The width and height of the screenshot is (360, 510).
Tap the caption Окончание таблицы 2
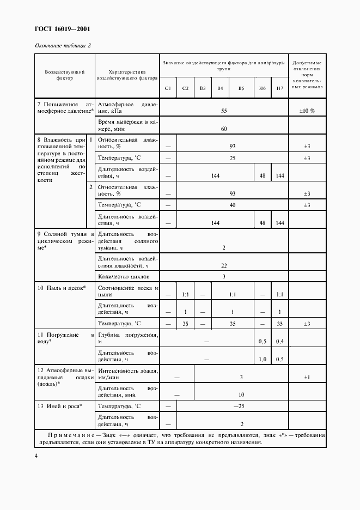click(x=63, y=45)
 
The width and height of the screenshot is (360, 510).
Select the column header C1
click(x=168, y=88)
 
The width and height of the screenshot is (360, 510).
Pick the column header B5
click(x=241, y=88)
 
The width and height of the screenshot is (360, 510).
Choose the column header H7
click(x=279, y=88)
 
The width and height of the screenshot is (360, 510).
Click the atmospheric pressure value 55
click(x=224, y=111)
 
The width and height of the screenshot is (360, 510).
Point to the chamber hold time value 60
click(x=224, y=129)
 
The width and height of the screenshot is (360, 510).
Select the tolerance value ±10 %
click(x=307, y=111)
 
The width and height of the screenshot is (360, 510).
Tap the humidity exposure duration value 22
click(x=224, y=265)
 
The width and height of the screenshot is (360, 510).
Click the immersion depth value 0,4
click(x=279, y=341)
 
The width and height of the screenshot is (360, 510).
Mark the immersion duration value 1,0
click(x=262, y=359)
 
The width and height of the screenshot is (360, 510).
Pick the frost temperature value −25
click(x=239, y=406)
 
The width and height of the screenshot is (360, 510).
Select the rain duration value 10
click(x=241, y=394)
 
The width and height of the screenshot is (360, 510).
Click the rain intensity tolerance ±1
click(x=307, y=377)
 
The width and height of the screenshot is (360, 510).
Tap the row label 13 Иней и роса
click(x=59, y=406)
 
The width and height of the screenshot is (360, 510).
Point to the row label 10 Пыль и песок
click(x=62, y=287)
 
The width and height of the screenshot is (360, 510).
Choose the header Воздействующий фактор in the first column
click(x=64, y=75)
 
